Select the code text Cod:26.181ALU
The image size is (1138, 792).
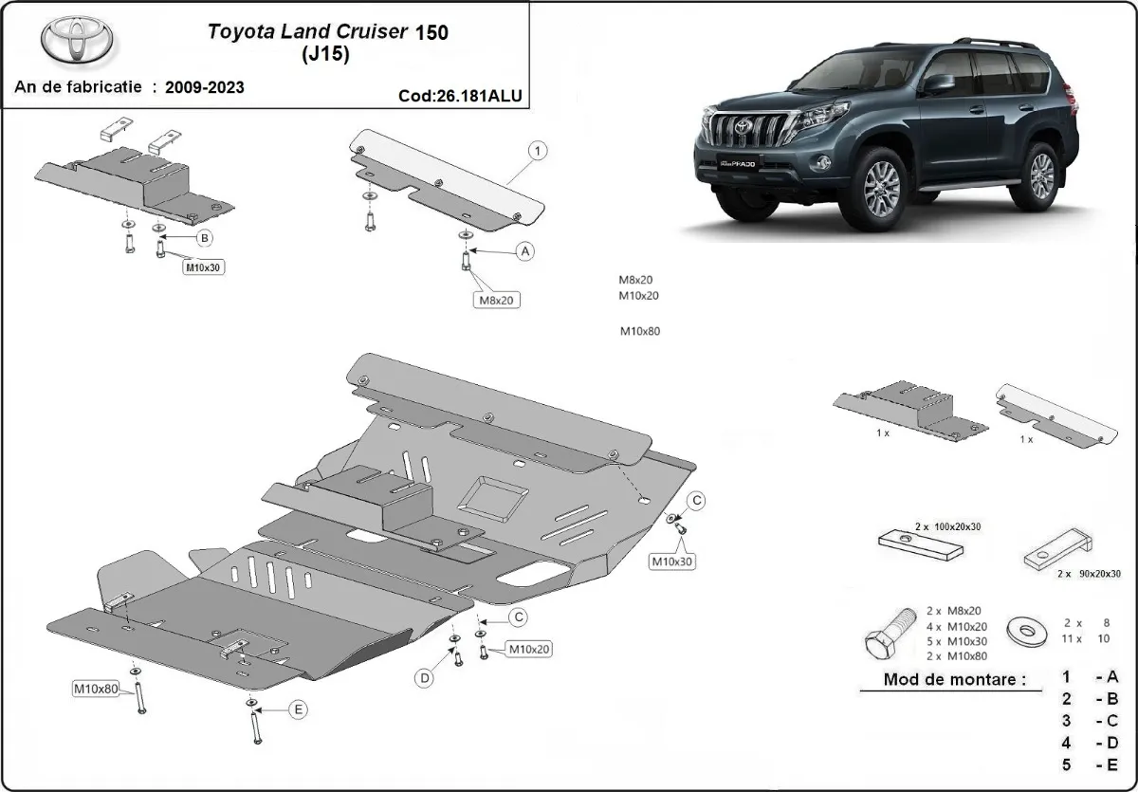coord(460,95)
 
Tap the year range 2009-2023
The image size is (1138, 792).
coord(204,87)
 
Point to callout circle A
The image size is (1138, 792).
coord(523,250)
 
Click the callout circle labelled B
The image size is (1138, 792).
coord(204,238)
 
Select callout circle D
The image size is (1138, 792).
coord(425,677)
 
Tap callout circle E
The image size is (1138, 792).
coord(298,709)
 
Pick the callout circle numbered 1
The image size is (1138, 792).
coord(536,150)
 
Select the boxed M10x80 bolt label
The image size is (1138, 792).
coord(96,689)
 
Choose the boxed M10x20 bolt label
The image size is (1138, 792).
coord(529,649)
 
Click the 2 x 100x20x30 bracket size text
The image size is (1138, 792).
coord(945,525)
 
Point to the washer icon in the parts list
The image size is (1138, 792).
coord(1025,629)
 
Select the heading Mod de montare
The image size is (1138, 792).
coord(954,678)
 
